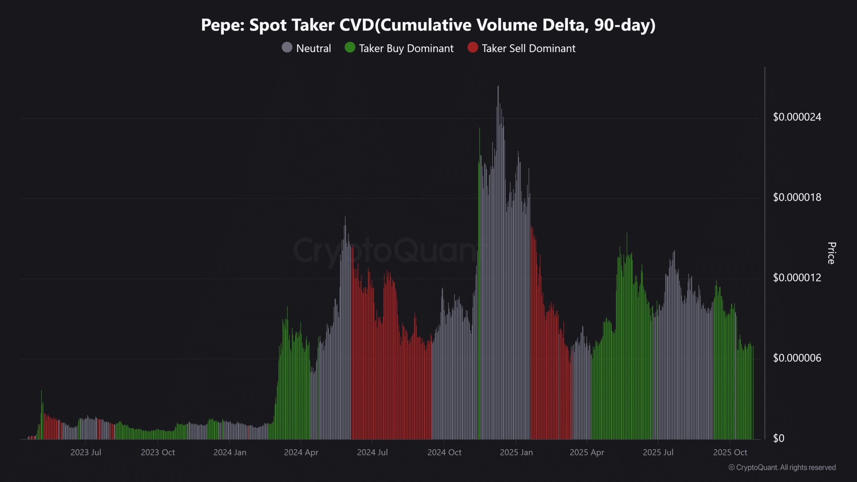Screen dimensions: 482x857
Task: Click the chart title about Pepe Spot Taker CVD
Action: coord(428,25)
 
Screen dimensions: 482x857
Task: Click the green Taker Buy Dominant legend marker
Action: coord(350,48)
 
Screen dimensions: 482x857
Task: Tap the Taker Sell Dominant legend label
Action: coord(528,48)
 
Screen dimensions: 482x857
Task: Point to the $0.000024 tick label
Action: coord(797,117)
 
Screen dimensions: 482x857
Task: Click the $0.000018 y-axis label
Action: coord(797,197)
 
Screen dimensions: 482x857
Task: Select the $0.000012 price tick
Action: coord(797,277)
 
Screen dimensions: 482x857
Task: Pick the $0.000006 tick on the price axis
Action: coord(797,358)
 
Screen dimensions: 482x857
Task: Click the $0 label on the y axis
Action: coord(778,438)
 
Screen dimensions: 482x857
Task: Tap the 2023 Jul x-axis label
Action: coord(86,452)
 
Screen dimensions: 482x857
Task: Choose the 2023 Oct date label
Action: coord(158,452)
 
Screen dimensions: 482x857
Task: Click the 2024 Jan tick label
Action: coord(230,452)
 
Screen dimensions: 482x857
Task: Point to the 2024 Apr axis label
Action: coord(301,452)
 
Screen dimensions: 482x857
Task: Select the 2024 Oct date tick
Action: coord(444,452)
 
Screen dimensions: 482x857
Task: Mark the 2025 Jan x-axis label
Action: coord(516,452)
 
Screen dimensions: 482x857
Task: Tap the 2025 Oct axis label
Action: coord(730,452)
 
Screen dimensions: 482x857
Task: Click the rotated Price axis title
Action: coord(831,253)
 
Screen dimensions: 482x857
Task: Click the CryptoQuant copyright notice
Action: coord(782,467)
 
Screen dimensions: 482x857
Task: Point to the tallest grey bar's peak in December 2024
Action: coord(498,86)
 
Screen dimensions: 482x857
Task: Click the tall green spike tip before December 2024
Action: coord(480,129)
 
